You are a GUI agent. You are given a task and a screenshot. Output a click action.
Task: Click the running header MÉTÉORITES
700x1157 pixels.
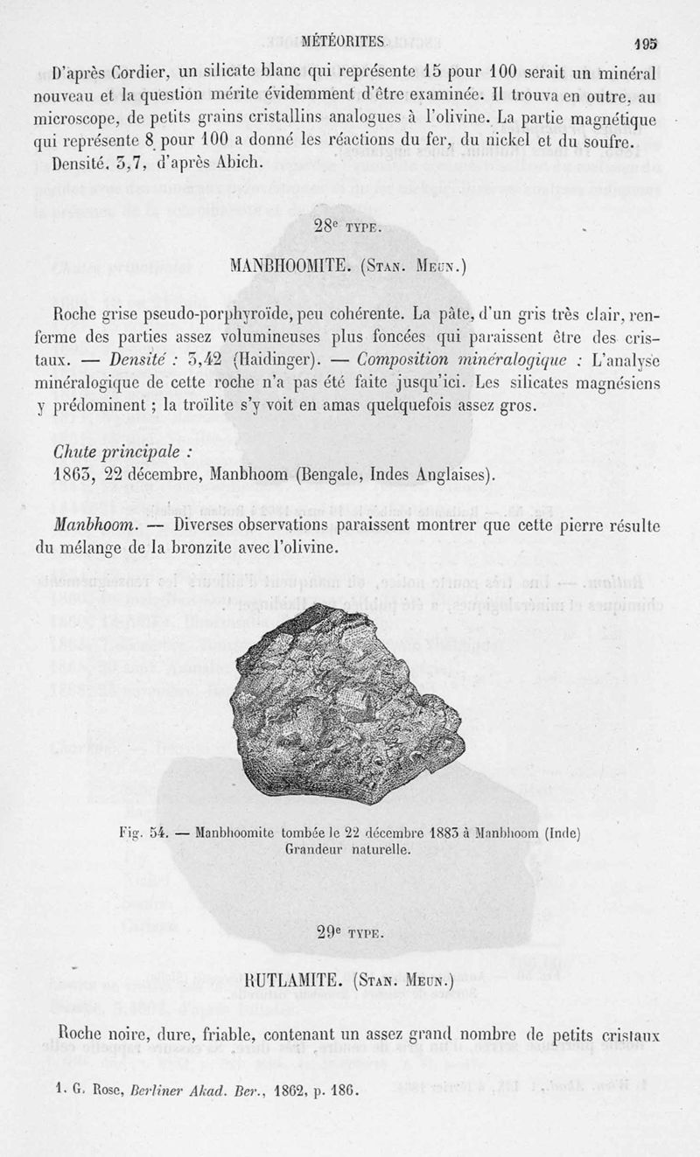point(343,40)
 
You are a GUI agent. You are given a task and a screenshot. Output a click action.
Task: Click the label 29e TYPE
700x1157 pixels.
point(347,932)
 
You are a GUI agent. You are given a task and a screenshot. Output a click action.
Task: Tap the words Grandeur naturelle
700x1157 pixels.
point(347,848)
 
